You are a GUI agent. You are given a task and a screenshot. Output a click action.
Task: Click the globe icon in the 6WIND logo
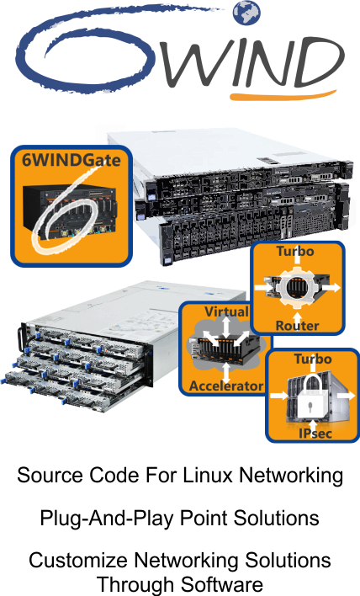tap(246, 13)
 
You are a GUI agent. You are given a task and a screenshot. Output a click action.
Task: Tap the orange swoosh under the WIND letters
tap(283, 95)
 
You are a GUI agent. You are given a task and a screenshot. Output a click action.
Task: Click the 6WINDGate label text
tap(71, 160)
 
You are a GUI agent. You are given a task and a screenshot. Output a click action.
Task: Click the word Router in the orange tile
tap(297, 326)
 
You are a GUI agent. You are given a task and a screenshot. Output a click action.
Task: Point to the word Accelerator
tap(226, 386)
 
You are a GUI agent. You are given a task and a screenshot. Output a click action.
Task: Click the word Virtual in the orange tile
tap(227, 311)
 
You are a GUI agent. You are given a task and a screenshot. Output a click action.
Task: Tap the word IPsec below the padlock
tap(315, 434)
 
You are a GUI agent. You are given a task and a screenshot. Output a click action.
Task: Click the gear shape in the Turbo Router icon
tap(298, 286)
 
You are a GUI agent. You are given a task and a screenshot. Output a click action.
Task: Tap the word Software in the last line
tap(222, 584)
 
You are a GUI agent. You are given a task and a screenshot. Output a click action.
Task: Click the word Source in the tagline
tap(50, 475)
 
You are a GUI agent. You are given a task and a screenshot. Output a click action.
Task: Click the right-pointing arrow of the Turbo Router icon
tap(331, 287)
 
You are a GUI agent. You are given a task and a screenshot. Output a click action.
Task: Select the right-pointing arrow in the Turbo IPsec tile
tap(346, 396)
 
